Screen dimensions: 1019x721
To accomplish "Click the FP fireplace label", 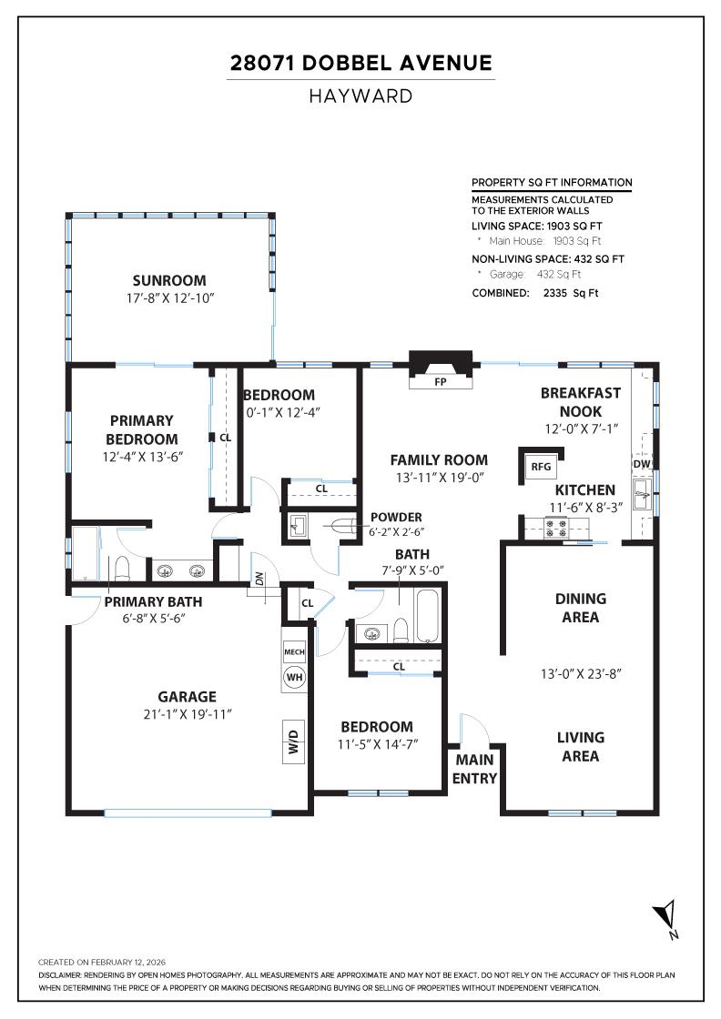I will (441, 382).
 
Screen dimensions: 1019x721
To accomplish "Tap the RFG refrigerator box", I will (542, 467).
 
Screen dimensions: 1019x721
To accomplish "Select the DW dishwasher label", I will (642, 464).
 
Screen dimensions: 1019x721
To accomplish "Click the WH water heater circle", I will (294, 677).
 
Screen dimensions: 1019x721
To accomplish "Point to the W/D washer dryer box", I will (294, 741).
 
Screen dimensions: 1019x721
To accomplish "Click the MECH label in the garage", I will (294, 652).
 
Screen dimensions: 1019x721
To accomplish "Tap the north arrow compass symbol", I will (667, 917).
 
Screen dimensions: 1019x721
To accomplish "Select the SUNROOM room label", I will (169, 280).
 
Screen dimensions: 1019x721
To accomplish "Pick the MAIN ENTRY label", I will (475, 769).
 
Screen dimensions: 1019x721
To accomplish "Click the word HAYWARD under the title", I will (360, 96).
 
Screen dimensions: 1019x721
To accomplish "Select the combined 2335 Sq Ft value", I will (571, 293).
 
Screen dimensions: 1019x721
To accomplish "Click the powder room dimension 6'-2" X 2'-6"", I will (396, 532).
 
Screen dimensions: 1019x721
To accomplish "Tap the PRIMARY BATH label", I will (153, 601).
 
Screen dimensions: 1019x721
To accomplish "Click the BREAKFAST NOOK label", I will (581, 402).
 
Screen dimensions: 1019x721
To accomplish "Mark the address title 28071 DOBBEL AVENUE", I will (360, 63).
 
